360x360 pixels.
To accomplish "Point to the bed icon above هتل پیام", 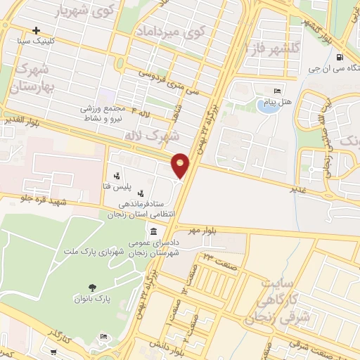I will pos(277,91).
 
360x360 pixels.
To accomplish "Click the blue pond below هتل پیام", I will pos(267,108).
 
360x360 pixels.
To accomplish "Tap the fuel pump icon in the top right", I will pos(341,58).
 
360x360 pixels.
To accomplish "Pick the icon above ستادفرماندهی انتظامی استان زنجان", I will pos(141,193).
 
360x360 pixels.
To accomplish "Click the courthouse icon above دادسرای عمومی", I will pos(153,232).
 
